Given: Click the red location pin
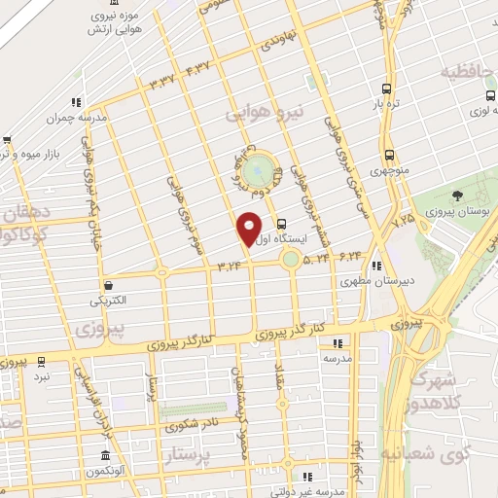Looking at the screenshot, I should coord(250,228).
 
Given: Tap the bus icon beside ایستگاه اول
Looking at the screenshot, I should coord(280,223).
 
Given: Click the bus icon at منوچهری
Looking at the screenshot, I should coord(390,155).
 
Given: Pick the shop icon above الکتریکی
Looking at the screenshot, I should coord(110,286).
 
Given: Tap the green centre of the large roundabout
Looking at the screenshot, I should coord(258,171).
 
